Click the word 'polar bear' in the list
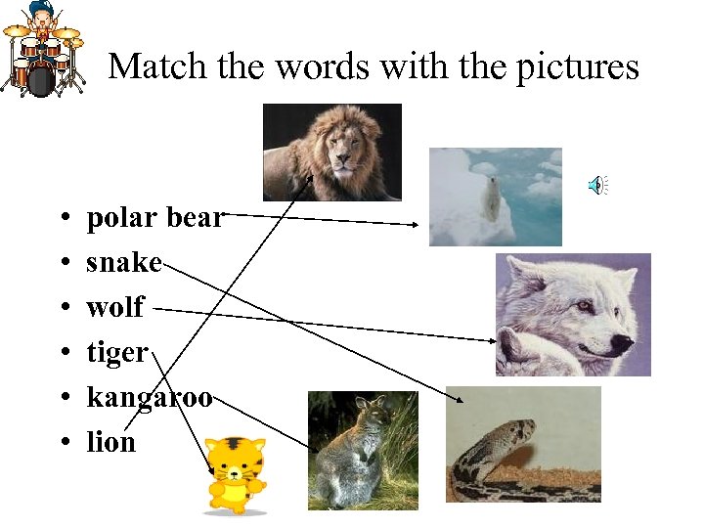coord(154,218)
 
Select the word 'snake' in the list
coord(123,263)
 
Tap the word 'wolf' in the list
coord(114,308)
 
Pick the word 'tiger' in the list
coord(117,352)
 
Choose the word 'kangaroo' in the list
coord(149,398)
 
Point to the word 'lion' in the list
coord(110,442)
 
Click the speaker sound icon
coord(597,184)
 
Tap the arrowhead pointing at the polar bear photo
coord(415,224)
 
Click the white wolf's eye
coord(584,306)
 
